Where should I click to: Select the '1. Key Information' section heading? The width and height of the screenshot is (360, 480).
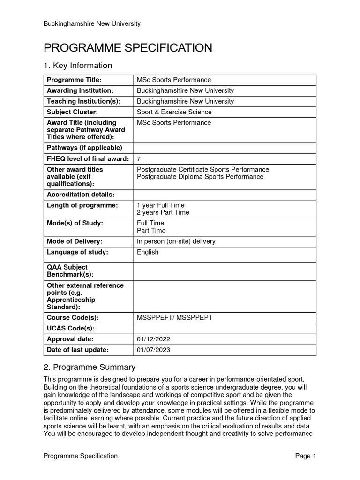[x=78, y=66]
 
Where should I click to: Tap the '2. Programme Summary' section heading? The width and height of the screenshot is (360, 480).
[x=90, y=367]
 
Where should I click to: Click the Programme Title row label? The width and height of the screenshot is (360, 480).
[x=74, y=80]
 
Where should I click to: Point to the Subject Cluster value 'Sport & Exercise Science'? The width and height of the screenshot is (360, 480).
[x=174, y=112]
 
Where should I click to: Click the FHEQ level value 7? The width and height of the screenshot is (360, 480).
[x=139, y=159]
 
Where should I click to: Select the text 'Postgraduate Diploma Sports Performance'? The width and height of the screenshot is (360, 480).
[x=200, y=177]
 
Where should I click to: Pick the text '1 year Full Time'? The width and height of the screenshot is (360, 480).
[x=160, y=205]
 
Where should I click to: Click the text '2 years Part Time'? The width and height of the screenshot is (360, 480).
[x=163, y=212]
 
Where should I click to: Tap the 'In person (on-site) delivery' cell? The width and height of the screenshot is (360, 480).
[x=176, y=241]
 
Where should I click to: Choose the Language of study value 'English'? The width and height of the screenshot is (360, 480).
[x=148, y=252]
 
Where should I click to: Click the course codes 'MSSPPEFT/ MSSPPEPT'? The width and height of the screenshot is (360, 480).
[x=174, y=318]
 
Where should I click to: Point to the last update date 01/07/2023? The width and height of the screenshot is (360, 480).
[x=152, y=350]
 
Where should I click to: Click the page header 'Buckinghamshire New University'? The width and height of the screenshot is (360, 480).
[x=92, y=23]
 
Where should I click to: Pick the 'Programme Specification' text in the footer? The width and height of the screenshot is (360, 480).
[x=81, y=456]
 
